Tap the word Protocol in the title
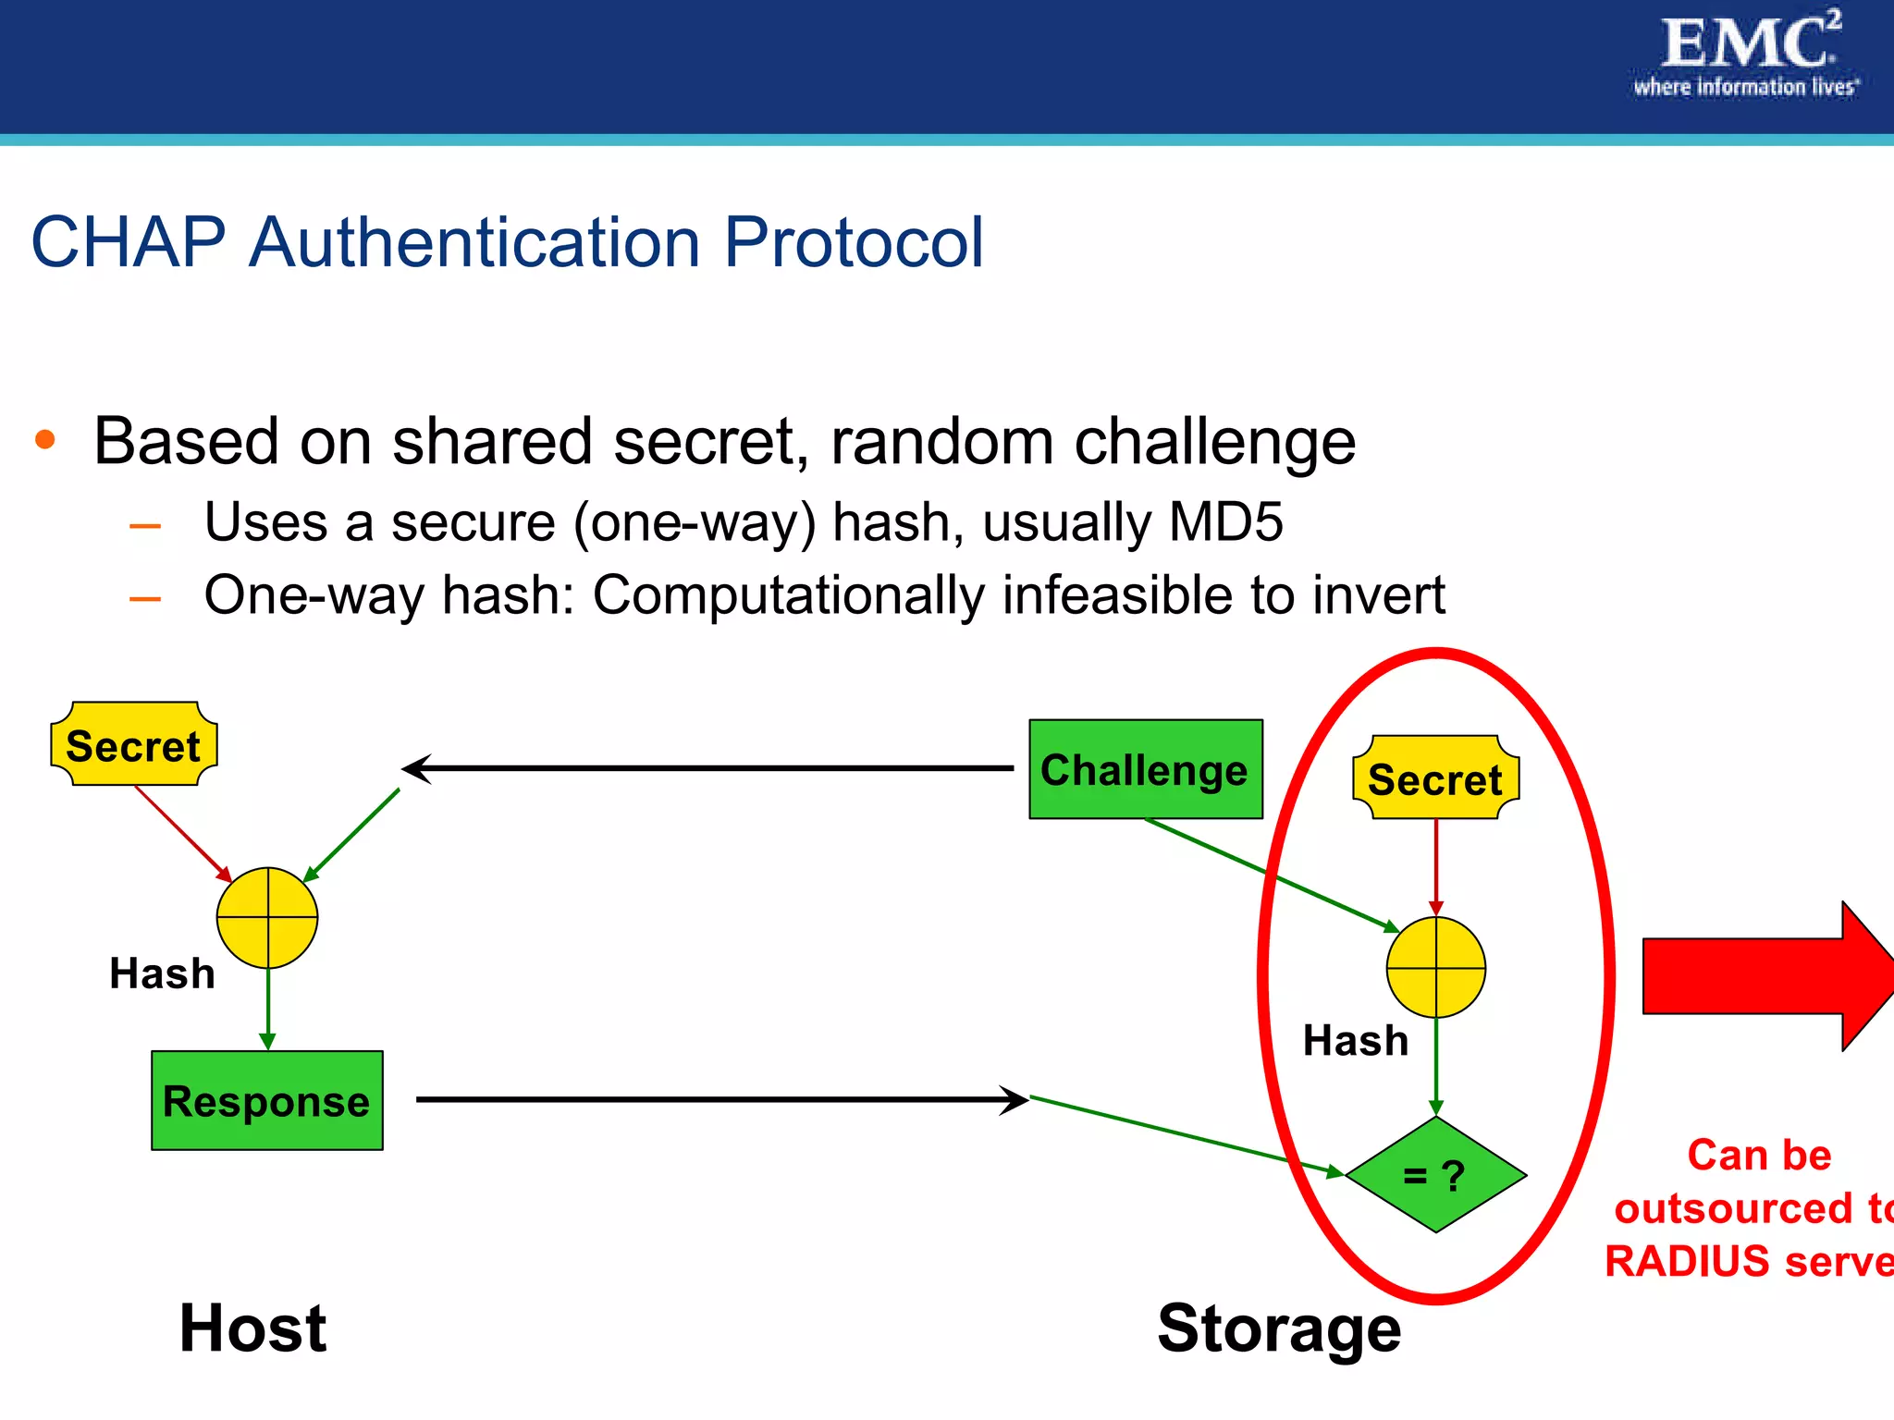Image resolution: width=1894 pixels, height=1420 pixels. click(x=853, y=242)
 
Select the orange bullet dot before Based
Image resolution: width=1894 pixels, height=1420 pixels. click(x=45, y=440)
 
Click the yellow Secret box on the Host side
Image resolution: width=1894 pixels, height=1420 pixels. click(x=133, y=745)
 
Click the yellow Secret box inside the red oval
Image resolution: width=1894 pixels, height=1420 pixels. click(x=1434, y=778)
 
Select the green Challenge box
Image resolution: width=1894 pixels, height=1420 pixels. click(x=1145, y=769)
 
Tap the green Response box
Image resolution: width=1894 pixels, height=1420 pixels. click(x=266, y=1100)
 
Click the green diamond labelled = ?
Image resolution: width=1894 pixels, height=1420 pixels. click(x=1435, y=1175)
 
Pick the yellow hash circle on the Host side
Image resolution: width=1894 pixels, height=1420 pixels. click(x=267, y=917)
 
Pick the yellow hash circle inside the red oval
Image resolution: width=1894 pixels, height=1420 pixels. click(x=1435, y=967)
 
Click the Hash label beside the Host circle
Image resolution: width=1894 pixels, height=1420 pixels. click(x=162, y=973)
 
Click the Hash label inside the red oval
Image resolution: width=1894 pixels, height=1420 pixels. click(x=1355, y=1041)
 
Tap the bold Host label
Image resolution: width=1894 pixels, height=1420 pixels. click(x=252, y=1328)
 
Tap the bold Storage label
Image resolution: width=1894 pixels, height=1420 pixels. click(x=1279, y=1328)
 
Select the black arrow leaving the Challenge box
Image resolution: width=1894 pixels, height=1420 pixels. click(x=708, y=768)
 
